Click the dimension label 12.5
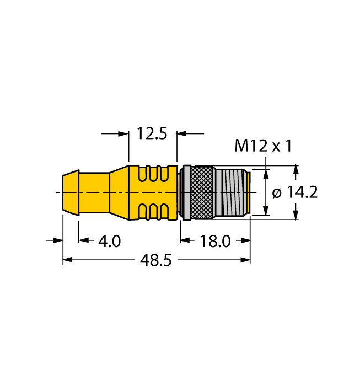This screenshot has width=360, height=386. (152, 133)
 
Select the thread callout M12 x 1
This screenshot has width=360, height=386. (263, 146)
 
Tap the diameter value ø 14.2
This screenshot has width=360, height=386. (296, 192)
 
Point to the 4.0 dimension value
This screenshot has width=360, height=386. (109, 241)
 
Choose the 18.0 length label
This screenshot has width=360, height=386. (216, 241)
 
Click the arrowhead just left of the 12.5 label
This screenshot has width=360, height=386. (124, 133)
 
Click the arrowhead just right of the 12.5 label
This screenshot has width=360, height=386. (181, 133)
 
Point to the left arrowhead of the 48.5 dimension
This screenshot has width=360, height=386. (67, 261)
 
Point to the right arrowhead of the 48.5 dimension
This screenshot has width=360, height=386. (246, 261)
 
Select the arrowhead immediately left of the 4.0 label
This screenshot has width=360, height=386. (83, 240)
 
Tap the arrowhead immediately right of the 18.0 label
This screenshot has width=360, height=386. (246, 240)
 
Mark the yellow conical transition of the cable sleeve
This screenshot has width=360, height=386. (119, 192)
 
